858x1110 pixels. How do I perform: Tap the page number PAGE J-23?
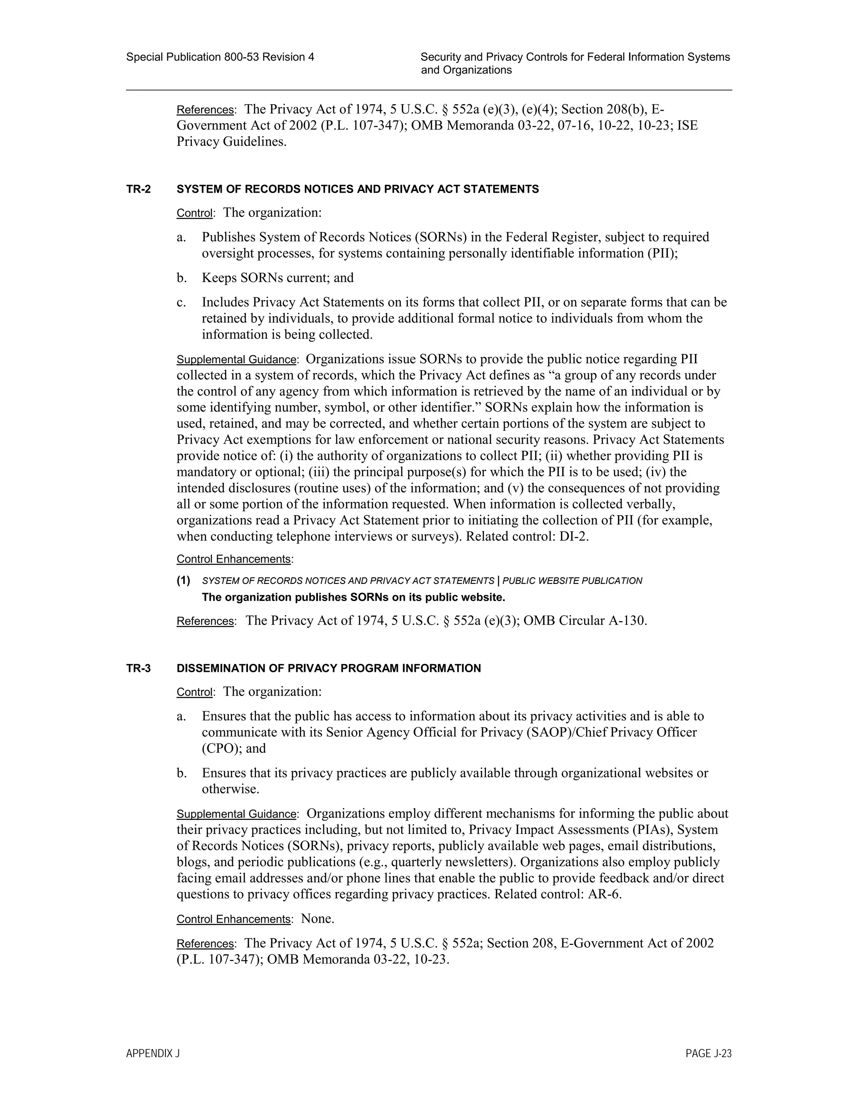708,1053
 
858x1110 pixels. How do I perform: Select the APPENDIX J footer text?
153,1053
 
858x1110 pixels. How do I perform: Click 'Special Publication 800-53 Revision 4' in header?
220,57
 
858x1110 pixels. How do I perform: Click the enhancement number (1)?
183,581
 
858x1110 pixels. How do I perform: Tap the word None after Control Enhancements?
317,919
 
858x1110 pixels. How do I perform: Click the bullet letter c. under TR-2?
181,302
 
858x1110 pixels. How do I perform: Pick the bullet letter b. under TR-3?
181,773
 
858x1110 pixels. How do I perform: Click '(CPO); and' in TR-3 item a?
234,749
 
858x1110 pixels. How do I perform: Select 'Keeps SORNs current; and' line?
277,278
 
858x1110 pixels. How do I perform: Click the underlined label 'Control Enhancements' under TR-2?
233,559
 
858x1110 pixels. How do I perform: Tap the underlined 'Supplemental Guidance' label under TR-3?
236,814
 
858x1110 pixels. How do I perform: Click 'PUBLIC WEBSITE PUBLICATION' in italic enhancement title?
572,581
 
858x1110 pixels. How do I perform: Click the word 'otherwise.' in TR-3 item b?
230,789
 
